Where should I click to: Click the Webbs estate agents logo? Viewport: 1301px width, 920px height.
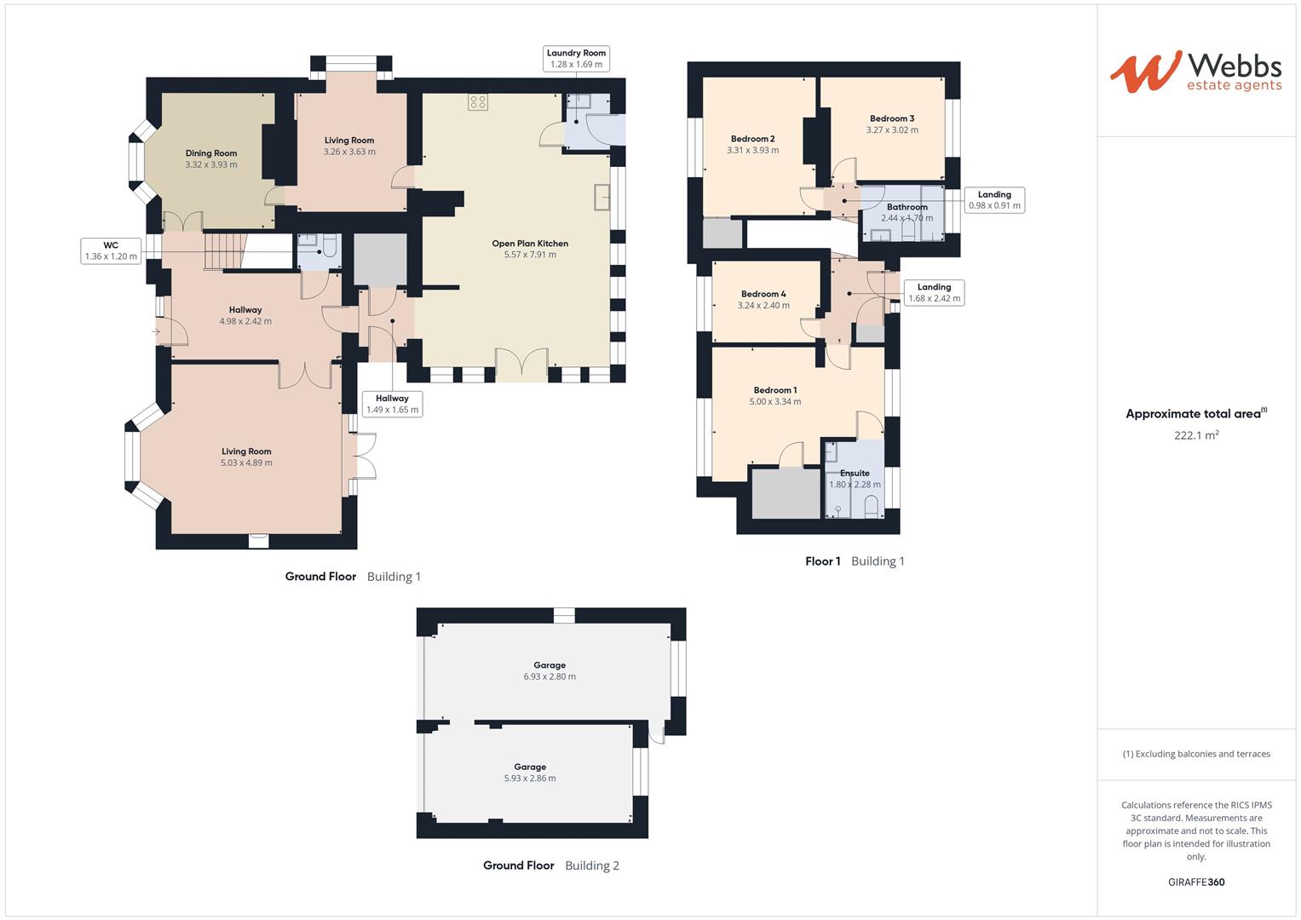click(x=1195, y=72)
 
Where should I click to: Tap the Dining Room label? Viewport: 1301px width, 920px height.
click(x=211, y=154)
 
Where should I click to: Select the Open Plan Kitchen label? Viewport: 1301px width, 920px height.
click(x=529, y=244)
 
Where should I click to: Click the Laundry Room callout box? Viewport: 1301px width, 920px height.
click(x=576, y=59)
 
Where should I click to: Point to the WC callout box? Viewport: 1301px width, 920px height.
click(x=111, y=251)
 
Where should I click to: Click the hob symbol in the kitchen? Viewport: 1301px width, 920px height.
click(x=477, y=102)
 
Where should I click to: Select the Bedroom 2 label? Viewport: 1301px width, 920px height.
click(x=752, y=139)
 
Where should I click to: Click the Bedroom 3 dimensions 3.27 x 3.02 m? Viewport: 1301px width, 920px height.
click(x=892, y=130)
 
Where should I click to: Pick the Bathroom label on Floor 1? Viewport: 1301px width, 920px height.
click(x=907, y=207)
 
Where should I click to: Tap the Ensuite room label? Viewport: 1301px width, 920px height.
click(x=855, y=473)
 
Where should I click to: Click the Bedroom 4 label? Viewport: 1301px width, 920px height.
click(x=763, y=294)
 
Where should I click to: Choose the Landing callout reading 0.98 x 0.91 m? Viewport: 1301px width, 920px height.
click(x=994, y=200)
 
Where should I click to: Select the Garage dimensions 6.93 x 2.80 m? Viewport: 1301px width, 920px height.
click(x=550, y=676)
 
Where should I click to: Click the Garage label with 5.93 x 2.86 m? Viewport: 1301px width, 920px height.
click(x=530, y=767)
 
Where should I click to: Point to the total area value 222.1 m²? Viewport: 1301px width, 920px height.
click(x=1196, y=435)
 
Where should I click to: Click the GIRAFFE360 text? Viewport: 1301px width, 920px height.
click(x=1196, y=882)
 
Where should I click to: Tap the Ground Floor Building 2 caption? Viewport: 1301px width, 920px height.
click(x=550, y=865)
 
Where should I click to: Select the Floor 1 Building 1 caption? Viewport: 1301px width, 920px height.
click(x=855, y=561)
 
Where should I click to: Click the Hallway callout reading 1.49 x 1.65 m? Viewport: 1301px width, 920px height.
click(x=392, y=404)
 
